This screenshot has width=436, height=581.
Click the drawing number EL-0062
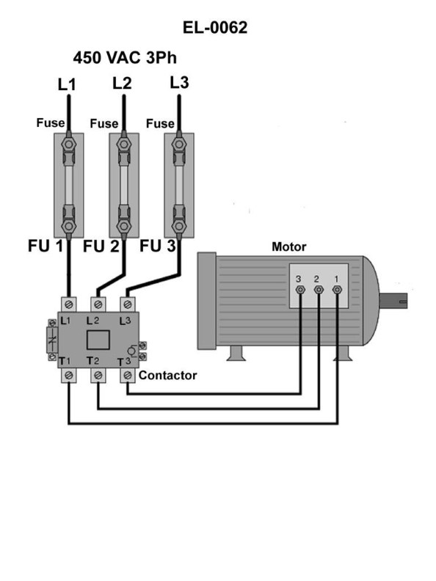[x=218, y=29]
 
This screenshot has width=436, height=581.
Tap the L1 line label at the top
[x=67, y=85]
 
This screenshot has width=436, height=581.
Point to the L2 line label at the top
[x=122, y=83]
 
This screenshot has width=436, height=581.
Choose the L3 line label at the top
[x=178, y=82]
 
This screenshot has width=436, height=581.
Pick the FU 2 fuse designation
[x=101, y=246]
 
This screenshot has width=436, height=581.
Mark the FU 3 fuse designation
[x=158, y=246]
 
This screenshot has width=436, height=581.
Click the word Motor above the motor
[x=288, y=246]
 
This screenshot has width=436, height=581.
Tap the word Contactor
[x=167, y=375]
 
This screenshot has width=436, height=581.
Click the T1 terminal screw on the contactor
[x=68, y=376]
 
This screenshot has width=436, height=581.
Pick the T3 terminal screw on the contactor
[x=127, y=376]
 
